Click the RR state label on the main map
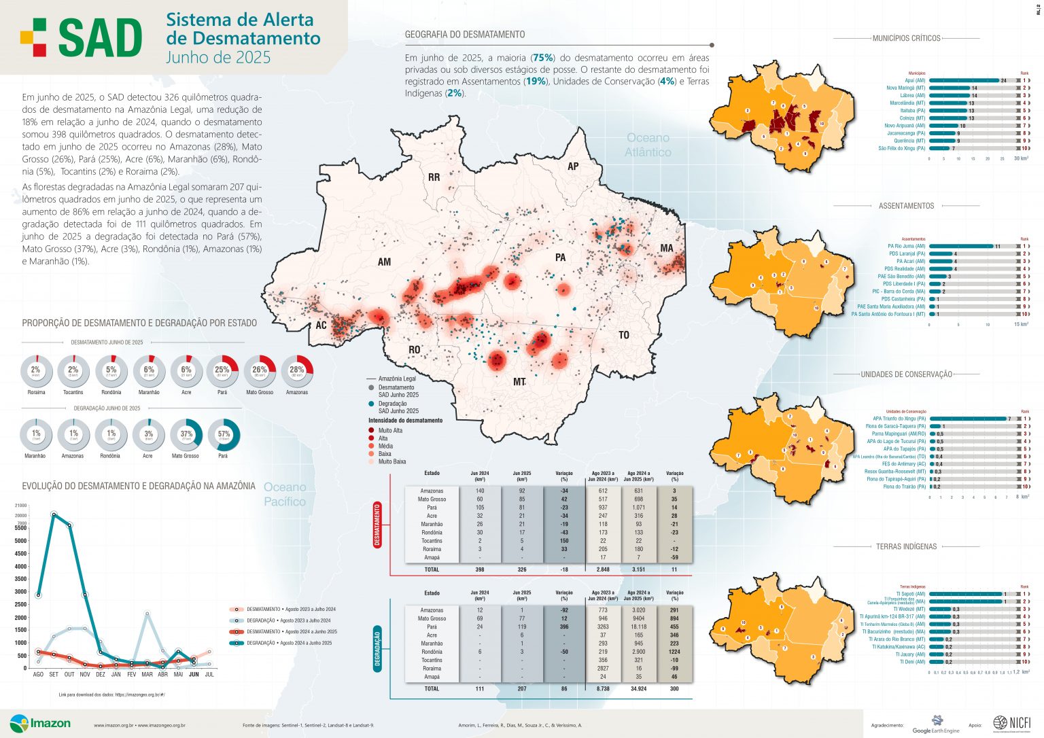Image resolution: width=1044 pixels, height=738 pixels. point(434,177)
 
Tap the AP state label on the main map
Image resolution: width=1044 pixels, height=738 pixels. point(573,166)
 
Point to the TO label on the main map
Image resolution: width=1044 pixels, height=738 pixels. point(623,335)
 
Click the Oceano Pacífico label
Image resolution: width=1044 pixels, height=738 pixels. point(285,494)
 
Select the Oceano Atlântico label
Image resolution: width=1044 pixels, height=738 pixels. point(648,145)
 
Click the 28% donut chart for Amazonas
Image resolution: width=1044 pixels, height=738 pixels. point(297,371)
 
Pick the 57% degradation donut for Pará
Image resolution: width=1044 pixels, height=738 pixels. point(223,435)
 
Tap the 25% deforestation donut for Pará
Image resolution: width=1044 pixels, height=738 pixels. point(222,371)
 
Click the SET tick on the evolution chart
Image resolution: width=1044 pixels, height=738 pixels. point(54,674)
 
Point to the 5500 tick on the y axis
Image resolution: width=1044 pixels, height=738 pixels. point(20,528)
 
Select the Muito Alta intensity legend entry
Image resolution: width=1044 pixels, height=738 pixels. point(390,430)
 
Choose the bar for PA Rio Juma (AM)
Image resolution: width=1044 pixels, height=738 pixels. point(960,247)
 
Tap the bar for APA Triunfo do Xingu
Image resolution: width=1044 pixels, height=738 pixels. point(967,419)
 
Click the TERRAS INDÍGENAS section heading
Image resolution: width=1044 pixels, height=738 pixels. point(906,546)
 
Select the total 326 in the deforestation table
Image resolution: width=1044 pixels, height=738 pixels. point(521,569)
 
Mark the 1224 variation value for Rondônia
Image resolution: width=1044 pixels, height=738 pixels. point(674,652)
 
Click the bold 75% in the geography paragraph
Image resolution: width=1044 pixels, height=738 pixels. point(543,58)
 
